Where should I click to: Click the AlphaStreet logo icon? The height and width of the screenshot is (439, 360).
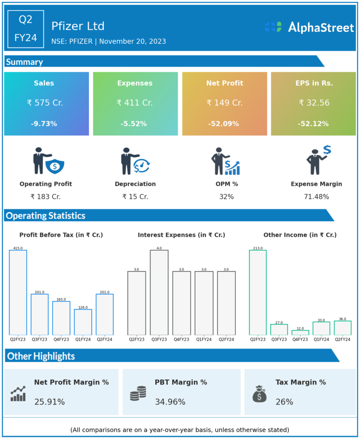coord(273,27)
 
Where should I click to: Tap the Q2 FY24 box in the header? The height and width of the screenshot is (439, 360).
coord(26,29)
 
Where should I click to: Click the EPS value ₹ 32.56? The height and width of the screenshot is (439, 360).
coord(313,103)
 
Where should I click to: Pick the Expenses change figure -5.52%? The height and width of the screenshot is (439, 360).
coord(135,124)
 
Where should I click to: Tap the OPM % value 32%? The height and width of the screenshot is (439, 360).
coord(226,197)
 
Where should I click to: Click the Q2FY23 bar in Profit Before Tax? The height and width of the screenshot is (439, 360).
coord(18,292)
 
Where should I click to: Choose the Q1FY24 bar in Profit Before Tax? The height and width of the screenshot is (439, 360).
coord(83,322)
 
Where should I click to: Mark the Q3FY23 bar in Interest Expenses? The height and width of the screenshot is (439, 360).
coord(159,292)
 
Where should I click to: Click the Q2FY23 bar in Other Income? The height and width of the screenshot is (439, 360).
coord(257,292)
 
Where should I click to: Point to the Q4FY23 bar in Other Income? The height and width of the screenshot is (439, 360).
coord(300,332)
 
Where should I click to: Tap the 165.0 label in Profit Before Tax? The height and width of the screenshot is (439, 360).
coord(61,299)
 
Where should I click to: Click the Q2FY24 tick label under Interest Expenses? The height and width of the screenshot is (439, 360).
coord(226,340)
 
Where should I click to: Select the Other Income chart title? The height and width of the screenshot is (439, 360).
coord(299,235)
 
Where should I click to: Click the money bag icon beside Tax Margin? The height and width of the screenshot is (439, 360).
coord(260,394)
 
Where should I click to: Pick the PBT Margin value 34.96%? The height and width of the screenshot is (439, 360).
coord(170,402)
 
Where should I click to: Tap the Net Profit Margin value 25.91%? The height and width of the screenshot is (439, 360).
coord(49,402)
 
